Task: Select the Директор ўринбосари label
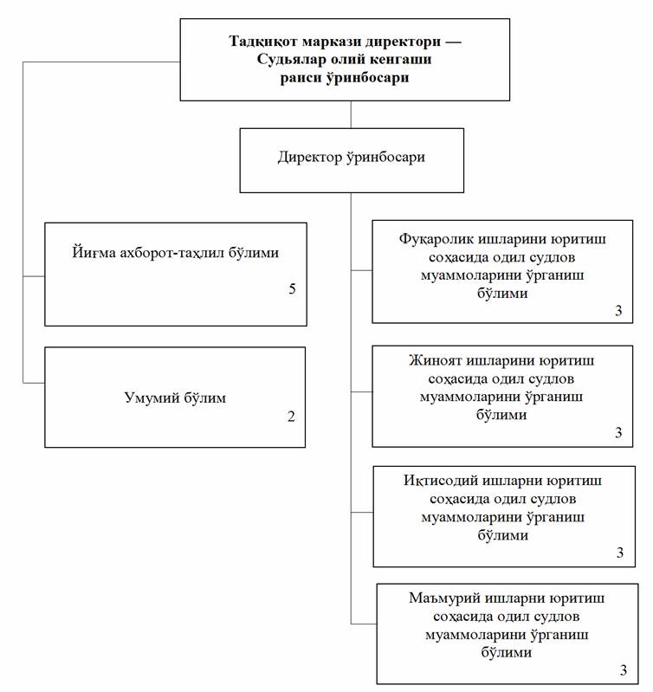pyautogui.click(x=352, y=157)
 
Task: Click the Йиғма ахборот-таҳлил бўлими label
pyautogui.click(x=175, y=253)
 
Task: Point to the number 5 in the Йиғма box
pyautogui.click(x=292, y=289)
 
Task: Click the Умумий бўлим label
pyautogui.click(x=175, y=398)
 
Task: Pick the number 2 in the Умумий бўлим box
pyautogui.click(x=291, y=417)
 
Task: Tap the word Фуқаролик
pyautogui.click(x=436, y=240)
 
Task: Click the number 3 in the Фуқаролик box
pyautogui.click(x=618, y=311)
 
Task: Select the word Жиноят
pyautogui.click(x=434, y=360)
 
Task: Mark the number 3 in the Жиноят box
pyautogui.click(x=618, y=432)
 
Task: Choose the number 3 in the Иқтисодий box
pyautogui.click(x=620, y=553)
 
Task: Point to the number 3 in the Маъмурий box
pyautogui.click(x=623, y=670)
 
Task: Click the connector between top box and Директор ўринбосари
pyautogui.click(x=351, y=114)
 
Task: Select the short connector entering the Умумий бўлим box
pyautogui.click(x=34, y=383)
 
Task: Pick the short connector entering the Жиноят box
pyautogui.click(x=362, y=391)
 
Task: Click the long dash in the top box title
pyautogui.click(x=454, y=42)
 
